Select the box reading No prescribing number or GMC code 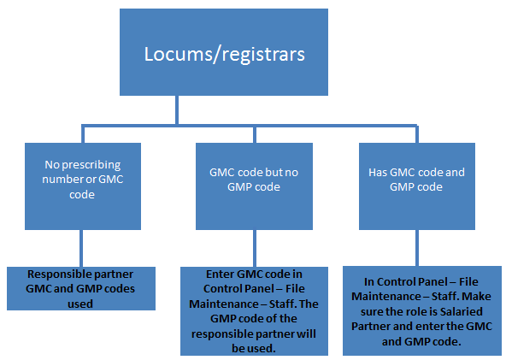click(82, 179)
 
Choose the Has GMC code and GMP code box click(416, 179)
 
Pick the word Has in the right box click(378, 172)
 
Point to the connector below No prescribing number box click(82, 248)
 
